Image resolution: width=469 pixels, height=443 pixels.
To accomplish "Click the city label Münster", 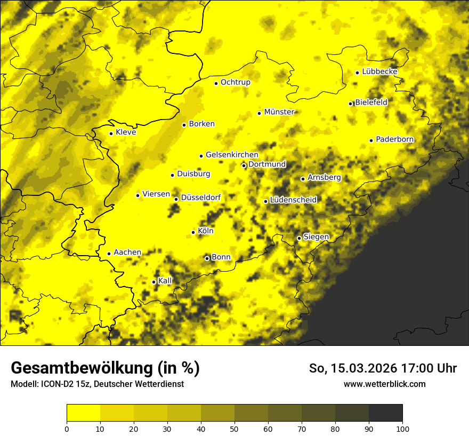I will (279, 112).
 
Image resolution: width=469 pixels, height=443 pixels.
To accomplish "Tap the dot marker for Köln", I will (193, 232).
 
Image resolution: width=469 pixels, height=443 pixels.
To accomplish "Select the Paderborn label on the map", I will (395, 140).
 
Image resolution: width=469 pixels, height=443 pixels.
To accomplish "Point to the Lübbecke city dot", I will (357, 73).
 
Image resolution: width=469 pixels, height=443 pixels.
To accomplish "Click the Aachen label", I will (127, 252).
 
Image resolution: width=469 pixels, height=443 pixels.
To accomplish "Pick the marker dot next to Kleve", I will (111, 133).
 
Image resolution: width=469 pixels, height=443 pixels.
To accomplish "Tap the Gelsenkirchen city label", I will (232, 155).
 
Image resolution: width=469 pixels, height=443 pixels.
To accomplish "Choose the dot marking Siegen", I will (299, 238).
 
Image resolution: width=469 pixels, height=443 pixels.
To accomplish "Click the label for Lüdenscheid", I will (293, 200).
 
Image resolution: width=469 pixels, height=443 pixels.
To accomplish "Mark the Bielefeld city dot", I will (351, 104).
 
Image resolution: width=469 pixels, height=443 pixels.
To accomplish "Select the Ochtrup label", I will (236, 82).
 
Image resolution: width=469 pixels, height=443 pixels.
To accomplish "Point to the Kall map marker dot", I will (154, 282).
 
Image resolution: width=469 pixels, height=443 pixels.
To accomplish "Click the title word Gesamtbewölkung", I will (79, 368).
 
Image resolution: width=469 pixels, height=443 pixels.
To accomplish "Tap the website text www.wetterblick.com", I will (385, 384).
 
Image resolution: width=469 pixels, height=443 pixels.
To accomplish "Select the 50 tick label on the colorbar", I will (234, 429).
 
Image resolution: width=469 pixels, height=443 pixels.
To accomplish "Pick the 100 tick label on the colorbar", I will (402, 429).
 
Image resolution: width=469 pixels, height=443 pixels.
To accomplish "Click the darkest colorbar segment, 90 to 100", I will (385, 413).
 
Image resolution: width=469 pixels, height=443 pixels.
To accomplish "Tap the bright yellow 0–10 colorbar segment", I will (83, 413).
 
